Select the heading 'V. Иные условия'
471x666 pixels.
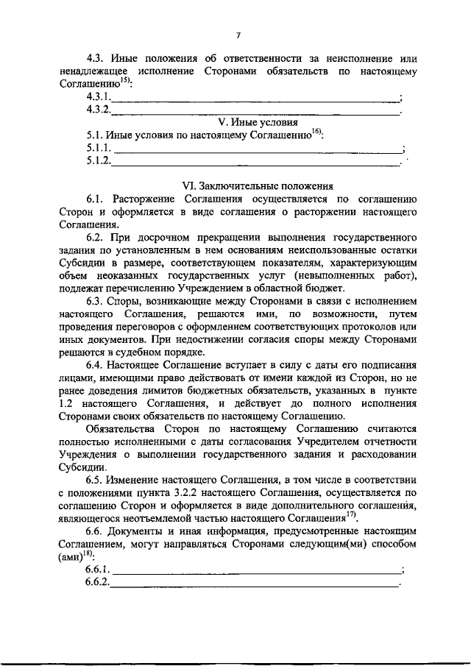[x=258, y=122]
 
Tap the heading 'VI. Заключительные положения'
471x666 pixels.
[x=258, y=186]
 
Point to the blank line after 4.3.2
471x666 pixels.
[x=254, y=111]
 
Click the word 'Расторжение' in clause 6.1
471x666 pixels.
[x=146, y=199]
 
